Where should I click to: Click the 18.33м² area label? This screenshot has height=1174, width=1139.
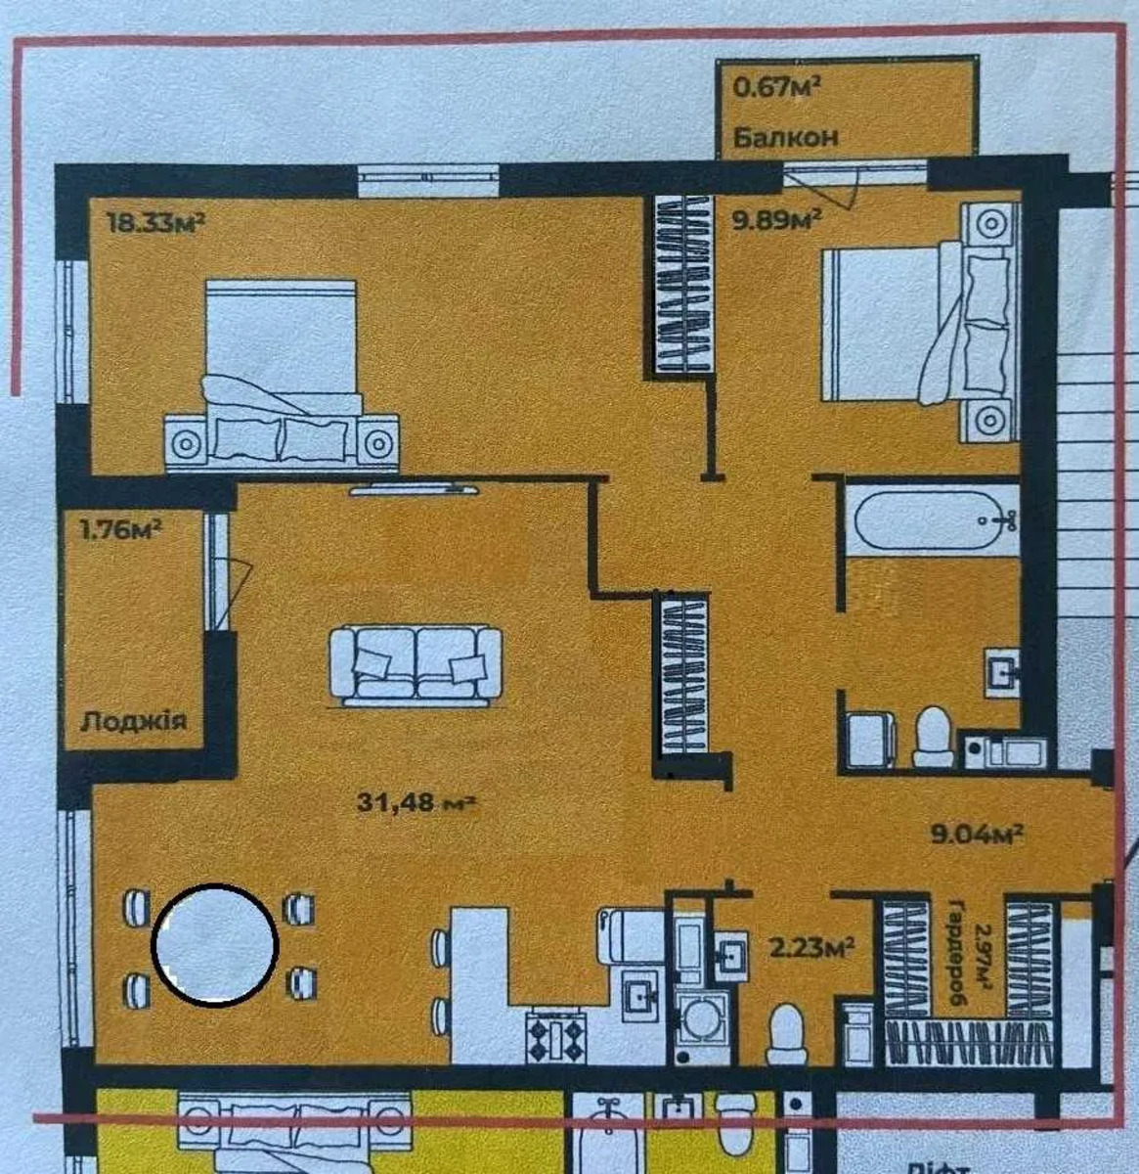point(156,223)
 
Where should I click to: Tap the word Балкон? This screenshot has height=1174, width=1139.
point(786,138)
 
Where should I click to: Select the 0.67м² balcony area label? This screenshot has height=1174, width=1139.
point(776,88)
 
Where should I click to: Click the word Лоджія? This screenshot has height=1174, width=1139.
point(133,722)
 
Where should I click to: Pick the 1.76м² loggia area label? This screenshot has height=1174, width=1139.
point(120,530)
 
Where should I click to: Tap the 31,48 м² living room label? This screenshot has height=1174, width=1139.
point(417,802)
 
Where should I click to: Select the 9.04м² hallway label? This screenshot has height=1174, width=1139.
point(977,835)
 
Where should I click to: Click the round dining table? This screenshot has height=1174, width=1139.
point(215,945)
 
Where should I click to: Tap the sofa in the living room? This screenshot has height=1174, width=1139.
point(416,665)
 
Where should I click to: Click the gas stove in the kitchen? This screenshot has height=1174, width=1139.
point(556,1036)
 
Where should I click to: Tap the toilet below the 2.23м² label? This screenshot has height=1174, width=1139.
point(786,1032)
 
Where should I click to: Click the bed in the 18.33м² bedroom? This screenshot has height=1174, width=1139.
point(283,376)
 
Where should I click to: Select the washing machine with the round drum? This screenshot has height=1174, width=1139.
point(701,1028)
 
